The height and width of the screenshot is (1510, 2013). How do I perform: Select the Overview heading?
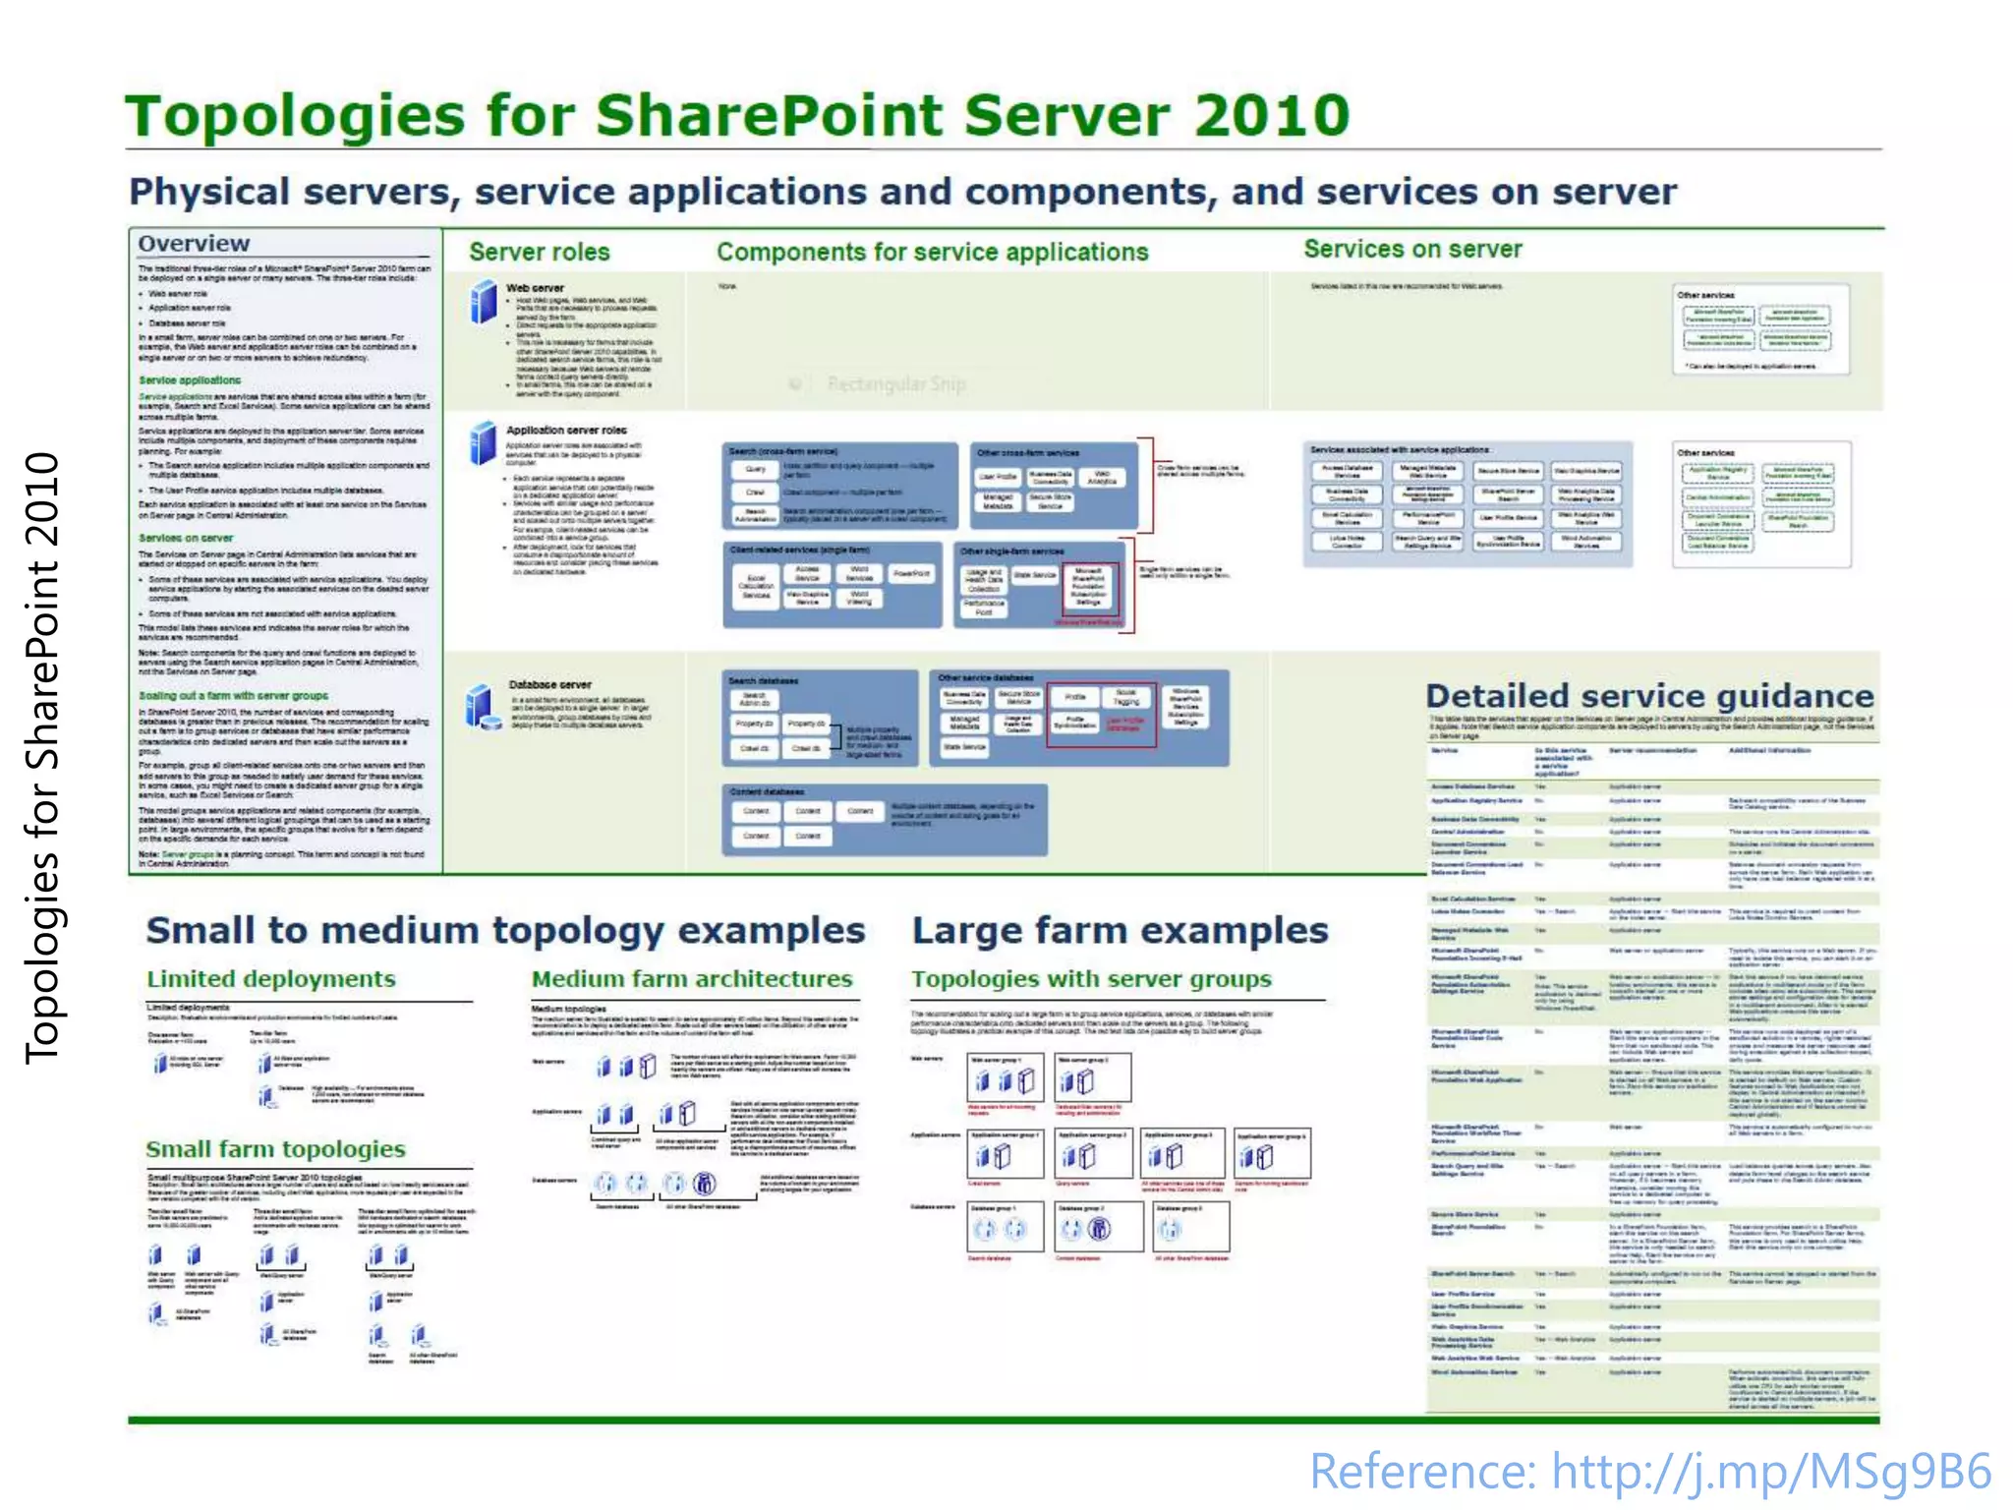(x=194, y=244)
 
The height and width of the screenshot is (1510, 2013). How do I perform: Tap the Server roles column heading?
(x=539, y=252)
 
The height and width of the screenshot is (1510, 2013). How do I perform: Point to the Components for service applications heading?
(x=932, y=252)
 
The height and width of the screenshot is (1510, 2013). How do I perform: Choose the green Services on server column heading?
(x=1412, y=250)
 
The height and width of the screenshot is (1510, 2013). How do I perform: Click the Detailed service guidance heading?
(x=1649, y=696)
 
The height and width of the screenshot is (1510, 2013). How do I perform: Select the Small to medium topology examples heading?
(x=505, y=930)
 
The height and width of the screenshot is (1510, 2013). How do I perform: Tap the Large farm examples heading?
(x=1120, y=930)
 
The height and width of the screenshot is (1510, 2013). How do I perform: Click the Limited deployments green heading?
(x=271, y=979)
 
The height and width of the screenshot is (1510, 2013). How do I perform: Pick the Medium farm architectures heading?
(x=692, y=979)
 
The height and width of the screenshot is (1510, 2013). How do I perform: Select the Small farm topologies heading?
(x=275, y=1149)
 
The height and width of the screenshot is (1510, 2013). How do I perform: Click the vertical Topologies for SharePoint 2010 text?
(x=43, y=757)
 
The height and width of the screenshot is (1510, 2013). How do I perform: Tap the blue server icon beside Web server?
(x=484, y=302)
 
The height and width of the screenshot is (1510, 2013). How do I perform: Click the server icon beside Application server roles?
(x=483, y=443)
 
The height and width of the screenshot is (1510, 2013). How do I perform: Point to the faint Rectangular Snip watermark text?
(x=895, y=384)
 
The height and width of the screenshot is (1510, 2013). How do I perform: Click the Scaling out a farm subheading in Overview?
(x=233, y=696)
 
